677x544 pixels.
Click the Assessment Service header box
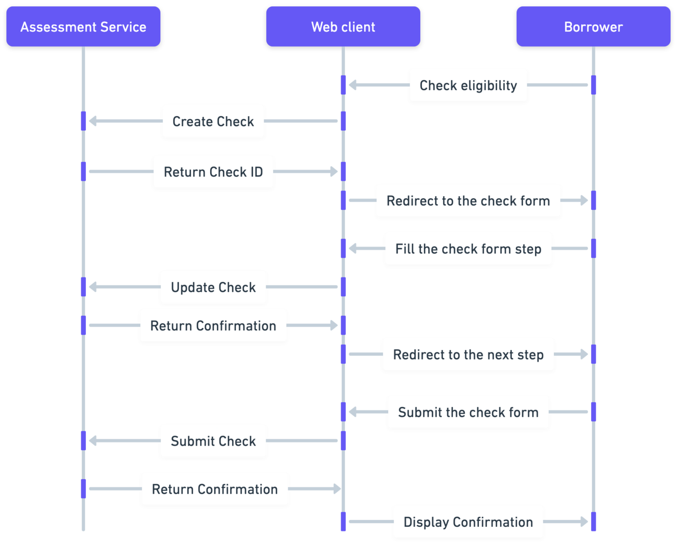pyautogui.click(x=83, y=27)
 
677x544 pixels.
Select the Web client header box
pyautogui.click(x=343, y=27)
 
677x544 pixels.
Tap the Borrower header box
pyautogui.click(x=593, y=27)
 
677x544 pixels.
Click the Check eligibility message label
pyautogui.click(x=468, y=85)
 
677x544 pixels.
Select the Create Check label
pyautogui.click(x=213, y=121)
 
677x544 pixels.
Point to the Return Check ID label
pyautogui.click(x=213, y=172)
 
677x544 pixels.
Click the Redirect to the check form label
pyautogui.click(x=468, y=201)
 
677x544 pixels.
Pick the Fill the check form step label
pyautogui.click(x=468, y=249)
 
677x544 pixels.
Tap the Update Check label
pyautogui.click(x=213, y=287)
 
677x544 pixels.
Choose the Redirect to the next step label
pyautogui.click(x=468, y=354)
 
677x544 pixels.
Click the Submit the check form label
pyautogui.click(x=468, y=412)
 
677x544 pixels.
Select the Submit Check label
pyautogui.click(x=213, y=441)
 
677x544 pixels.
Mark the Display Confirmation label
pyautogui.click(x=468, y=521)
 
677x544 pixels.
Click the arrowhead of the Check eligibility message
pyautogui.click(x=353, y=85)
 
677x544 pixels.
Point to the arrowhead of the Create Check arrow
pyautogui.click(x=93, y=121)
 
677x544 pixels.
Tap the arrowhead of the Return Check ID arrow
pyautogui.click(x=334, y=171)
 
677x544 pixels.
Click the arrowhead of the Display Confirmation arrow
pyautogui.click(x=584, y=521)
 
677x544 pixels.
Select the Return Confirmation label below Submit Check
pyautogui.click(x=214, y=489)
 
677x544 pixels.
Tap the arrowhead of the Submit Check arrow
pyautogui.click(x=93, y=441)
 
